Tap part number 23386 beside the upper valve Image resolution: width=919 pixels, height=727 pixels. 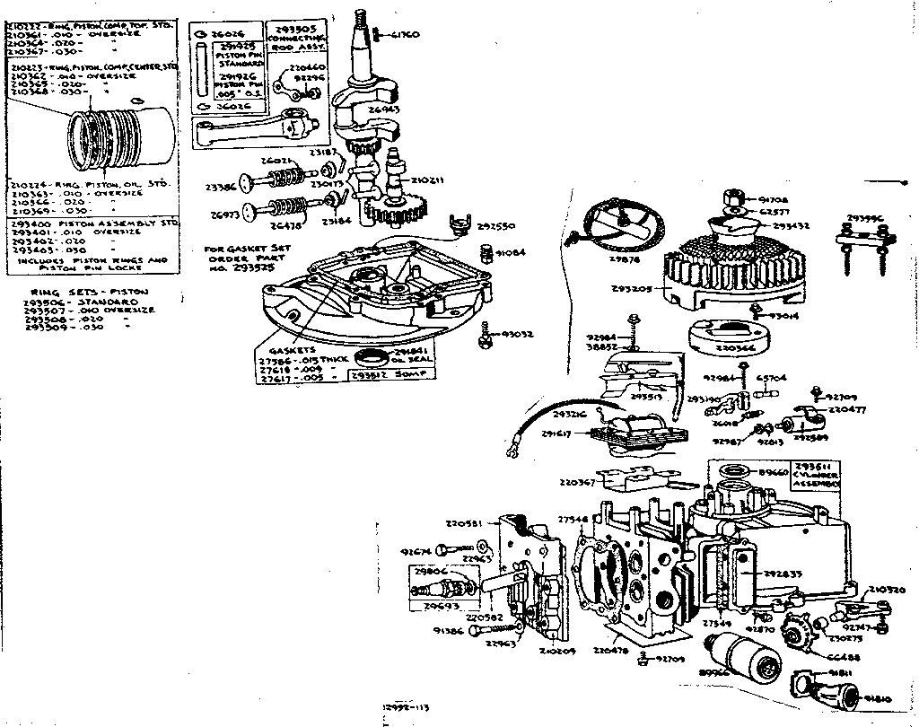pyautogui.click(x=222, y=188)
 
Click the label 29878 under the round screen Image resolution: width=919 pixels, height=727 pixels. pyautogui.click(x=625, y=259)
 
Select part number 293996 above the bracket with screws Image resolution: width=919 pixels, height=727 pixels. pyautogui.click(x=867, y=217)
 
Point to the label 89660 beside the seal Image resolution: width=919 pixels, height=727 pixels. pyautogui.click(x=773, y=470)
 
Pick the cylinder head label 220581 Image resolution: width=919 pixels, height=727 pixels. pyautogui.click(x=464, y=523)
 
